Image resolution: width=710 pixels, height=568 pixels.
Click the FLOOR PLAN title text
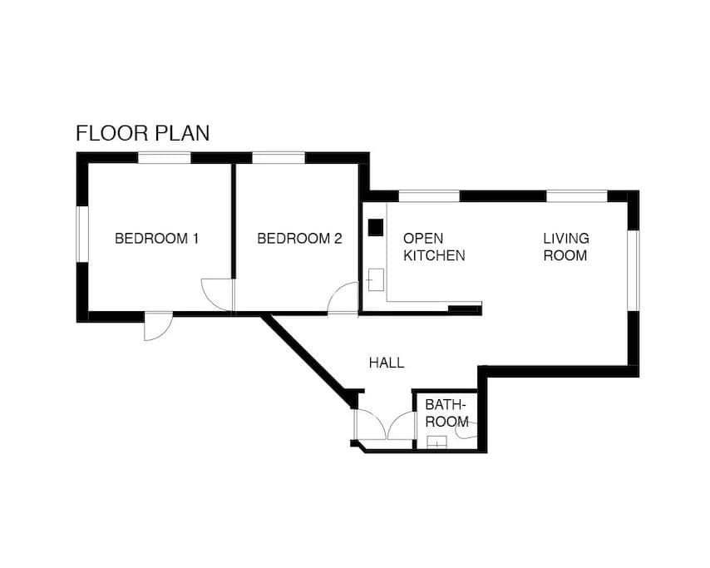pyautogui.click(x=142, y=133)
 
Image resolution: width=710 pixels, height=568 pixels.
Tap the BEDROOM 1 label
pyautogui.click(x=156, y=239)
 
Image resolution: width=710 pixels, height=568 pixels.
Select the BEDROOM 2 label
pyautogui.click(x=299, y=239)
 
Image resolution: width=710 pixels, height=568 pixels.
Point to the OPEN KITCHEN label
pyautogui.click(x=433, y=247)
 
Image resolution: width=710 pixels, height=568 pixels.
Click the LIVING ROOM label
pyautogui.click(x=565, y=247)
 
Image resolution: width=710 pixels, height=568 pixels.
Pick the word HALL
pyautogui.click(x=387, y=363)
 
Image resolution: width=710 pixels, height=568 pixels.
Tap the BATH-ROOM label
pyautogui.click(x=446, y=413)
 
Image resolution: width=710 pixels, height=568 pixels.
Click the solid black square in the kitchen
pyautogui.click(x=376, y=226)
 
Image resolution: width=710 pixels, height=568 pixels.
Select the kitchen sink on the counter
pyautogui.click(x=376, y=279)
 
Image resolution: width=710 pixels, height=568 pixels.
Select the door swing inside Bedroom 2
pyautogui.click(x=343, y=299)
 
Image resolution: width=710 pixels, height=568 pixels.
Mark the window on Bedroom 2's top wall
pyautogui.click(x=279, y=157)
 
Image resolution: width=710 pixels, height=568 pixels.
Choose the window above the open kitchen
pyautogui.click(x=429, y=196)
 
